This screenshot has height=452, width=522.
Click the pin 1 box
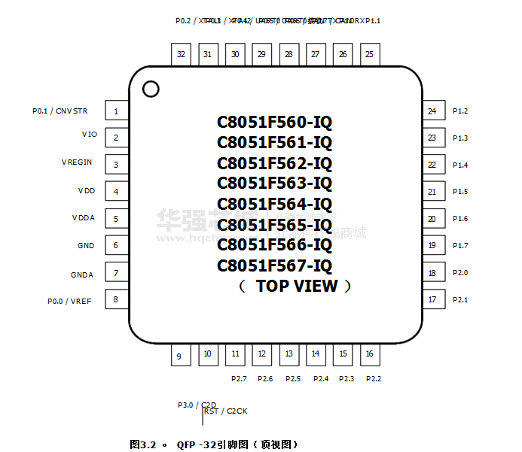coord(116,111)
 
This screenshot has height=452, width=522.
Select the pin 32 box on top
coord(181,54)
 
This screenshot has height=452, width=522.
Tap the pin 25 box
coord(369,54)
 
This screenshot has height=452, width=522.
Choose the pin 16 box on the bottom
coord(369,353)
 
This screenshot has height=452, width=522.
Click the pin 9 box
coord(179,356)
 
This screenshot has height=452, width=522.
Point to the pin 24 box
coord(432,111)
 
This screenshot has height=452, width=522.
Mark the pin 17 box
coord(432,300)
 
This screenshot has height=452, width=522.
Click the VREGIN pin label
coord(77,162)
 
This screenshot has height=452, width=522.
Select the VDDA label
coord(83,218)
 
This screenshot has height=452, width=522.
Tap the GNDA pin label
coord(82,275)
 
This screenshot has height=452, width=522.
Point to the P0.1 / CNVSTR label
coord(60,111)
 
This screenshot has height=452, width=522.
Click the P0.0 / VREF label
coord(69,301)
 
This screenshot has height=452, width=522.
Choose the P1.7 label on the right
coord(460,246)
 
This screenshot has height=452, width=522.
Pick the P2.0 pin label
coord(460,273)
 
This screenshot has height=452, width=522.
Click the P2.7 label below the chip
coord(239,378)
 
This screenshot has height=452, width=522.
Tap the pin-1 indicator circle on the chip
coord(151,89)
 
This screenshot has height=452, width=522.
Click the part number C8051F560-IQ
coord(274,122)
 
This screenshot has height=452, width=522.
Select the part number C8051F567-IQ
coord(274,265)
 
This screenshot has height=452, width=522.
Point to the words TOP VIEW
coord(296,286)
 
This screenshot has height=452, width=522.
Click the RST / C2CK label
coord(226,411)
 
